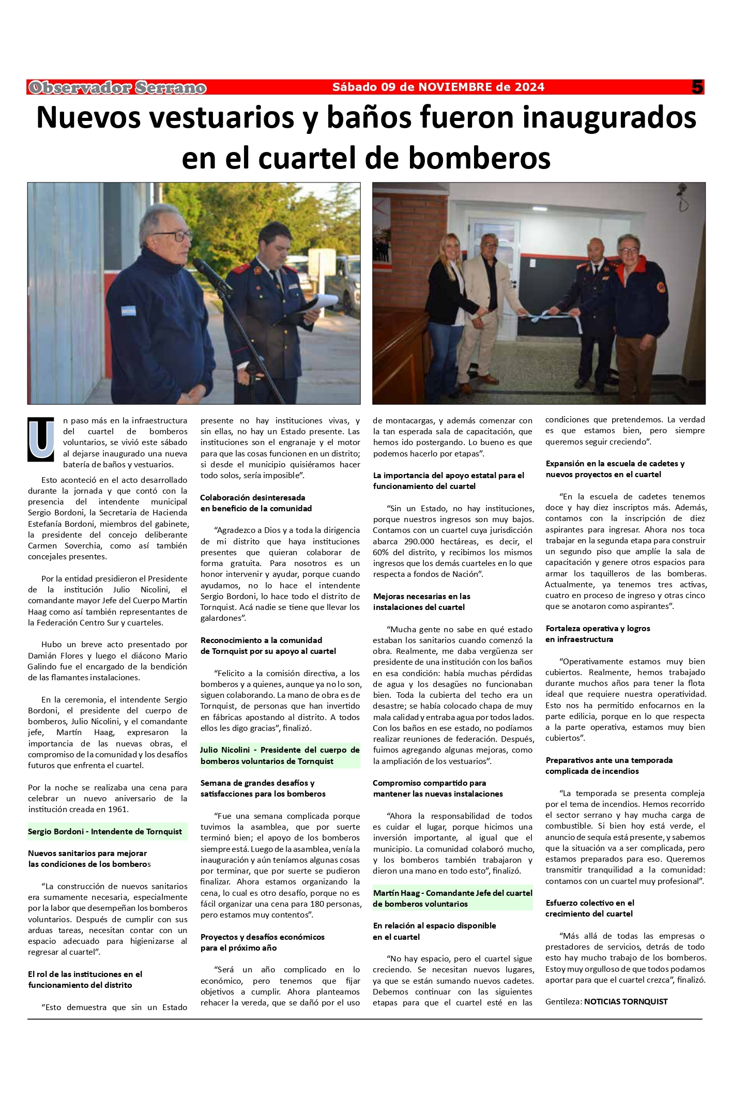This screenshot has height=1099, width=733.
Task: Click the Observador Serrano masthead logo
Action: click(x=117, y=88)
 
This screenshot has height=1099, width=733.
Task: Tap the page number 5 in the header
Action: click(x=697, y=87)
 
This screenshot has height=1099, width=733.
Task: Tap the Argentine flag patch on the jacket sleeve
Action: click(x=128, y=311)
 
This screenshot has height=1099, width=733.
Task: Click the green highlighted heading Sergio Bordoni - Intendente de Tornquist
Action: click(x=105, y=832)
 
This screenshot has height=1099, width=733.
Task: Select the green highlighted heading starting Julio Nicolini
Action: click(x=280, y=755)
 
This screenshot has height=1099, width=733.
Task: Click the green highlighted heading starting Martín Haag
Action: click(x=452, y=898)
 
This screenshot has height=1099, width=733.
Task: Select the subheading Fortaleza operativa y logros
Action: click(x=598, y=629)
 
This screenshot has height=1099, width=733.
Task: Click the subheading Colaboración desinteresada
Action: click(x=253, y=497)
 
